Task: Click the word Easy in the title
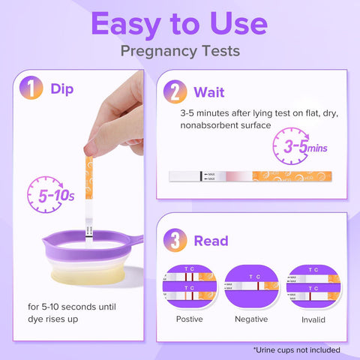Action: pos(126,25)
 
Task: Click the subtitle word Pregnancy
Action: pos(159,51)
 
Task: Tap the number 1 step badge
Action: pos(31,88)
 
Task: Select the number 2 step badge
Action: pos(175,91)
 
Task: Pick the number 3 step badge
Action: pos(175,240)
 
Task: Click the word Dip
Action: pos(62,89)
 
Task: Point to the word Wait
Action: pos(209,92)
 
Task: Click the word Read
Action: pos(211,241)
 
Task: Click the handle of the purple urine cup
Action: pos(136,239)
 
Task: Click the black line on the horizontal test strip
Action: pos(201,176)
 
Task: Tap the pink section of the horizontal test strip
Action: pos(238,176)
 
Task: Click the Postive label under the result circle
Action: pos(189,319)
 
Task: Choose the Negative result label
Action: pos(251,319)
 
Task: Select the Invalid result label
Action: pos(313,319)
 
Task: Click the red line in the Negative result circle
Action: pos(258,286)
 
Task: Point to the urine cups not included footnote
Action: pos(297,349)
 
